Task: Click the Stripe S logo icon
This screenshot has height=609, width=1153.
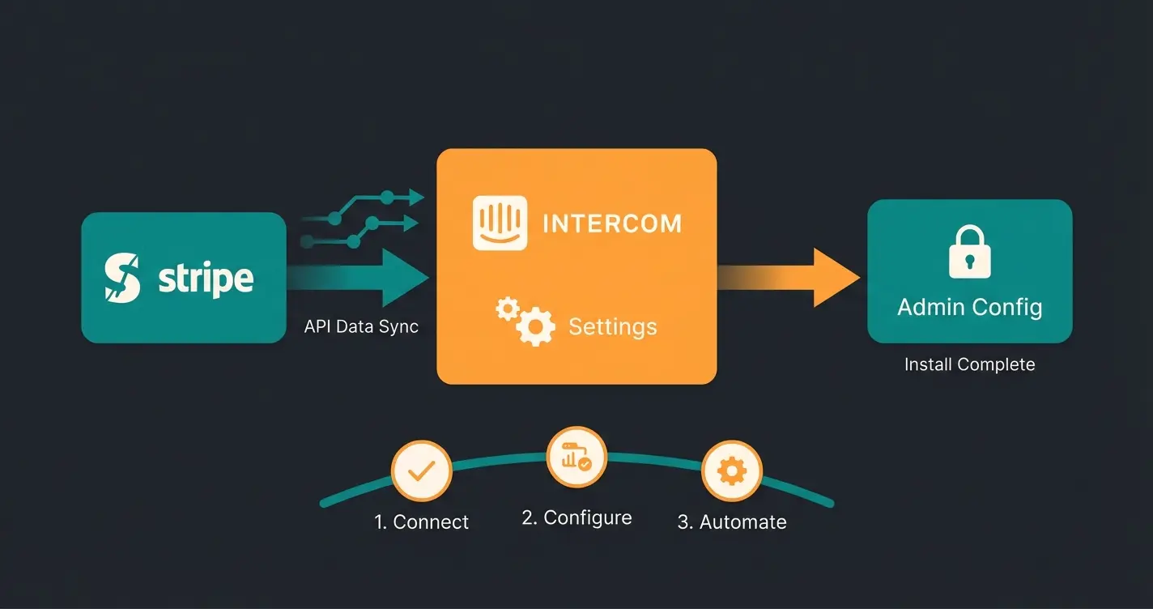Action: tap(122, 279)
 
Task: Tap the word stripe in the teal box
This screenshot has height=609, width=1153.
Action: tap(206, 279)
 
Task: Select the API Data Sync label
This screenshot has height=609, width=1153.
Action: tap(361, 326)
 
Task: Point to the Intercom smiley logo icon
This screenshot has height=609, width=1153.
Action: tap(500, 223)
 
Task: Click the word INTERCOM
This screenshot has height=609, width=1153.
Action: tap(611, 224)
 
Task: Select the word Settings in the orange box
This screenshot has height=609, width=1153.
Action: tap(612, 326)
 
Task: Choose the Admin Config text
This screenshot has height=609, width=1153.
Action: tap(969, 307)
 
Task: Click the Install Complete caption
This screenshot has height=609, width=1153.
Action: tap(969, 364)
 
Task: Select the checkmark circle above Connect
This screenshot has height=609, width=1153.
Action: tap(421, 471)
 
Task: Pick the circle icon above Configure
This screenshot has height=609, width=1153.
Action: tap(576, 458)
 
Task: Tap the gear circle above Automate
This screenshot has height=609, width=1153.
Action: tap(731, 471)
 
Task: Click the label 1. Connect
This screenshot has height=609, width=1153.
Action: tap(421, 522)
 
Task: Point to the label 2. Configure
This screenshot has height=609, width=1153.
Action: tap(576, 517)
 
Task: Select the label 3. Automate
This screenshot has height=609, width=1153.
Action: tap(731, 522)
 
